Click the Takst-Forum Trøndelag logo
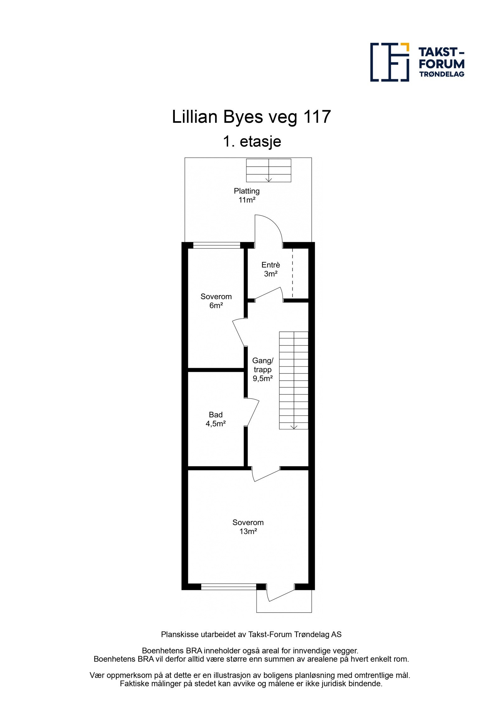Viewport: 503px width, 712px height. [x=417, y=62]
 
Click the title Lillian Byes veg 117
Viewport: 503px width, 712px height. [x=251, y=117]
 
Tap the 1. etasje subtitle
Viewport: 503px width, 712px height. [x=252, y=141]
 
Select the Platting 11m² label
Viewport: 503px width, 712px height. [x=246, y=195]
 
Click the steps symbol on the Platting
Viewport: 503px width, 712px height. [x=268, y=170]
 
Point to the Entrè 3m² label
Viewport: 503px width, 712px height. [x=270, y=269]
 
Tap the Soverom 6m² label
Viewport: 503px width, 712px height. [x=216, y=301]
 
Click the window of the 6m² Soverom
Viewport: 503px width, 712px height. [x=216, y=245]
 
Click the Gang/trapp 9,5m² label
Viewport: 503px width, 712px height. [x=263, y=369]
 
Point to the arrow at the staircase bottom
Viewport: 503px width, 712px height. [x=294, y=427]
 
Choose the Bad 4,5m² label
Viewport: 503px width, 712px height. [x=216, y=419]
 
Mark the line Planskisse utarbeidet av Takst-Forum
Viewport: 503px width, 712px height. [x=251, y=634]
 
